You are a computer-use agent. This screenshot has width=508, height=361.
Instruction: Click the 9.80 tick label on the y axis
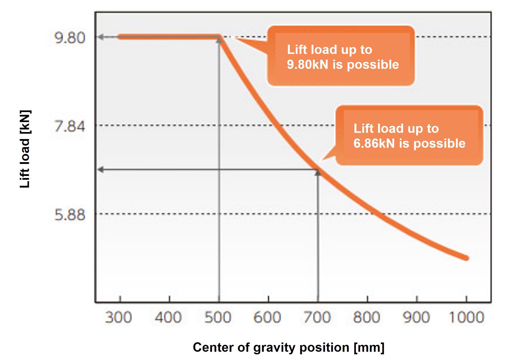click(x=70, y=38)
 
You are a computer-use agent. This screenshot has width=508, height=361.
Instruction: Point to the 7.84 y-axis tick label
click(x=70, y=126)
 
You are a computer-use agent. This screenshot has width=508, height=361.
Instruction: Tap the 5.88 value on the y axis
click(x=70, y=215)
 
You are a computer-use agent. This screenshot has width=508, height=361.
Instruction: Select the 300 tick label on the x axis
click(x=118, y=317)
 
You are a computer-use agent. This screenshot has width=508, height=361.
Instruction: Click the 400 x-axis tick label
click(x=168, y=317)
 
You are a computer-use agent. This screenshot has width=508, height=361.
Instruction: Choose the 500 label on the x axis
click(x=218, y=317)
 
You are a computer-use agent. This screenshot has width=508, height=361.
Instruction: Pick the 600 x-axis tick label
click(x=267, y=317)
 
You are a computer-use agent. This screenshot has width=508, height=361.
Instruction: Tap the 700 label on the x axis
click(x=317, y=317)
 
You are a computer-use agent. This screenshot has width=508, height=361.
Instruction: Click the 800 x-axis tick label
click(x=367, y=317)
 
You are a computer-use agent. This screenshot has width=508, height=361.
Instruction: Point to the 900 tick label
click(x=416, y=317)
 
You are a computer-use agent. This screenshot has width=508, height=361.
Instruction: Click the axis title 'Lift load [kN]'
click(x=25, y=149)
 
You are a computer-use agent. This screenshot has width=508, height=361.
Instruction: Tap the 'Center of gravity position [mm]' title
click(x=289, y=347)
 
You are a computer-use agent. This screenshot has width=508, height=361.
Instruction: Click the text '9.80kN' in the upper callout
click(x=307, y=64)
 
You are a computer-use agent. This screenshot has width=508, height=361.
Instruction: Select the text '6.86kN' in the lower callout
click(x=374, y=143)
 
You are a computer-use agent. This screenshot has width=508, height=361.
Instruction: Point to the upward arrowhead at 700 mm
click(x=318, y=173)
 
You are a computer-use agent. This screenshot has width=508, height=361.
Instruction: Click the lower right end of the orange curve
click(x=466, y=258)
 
